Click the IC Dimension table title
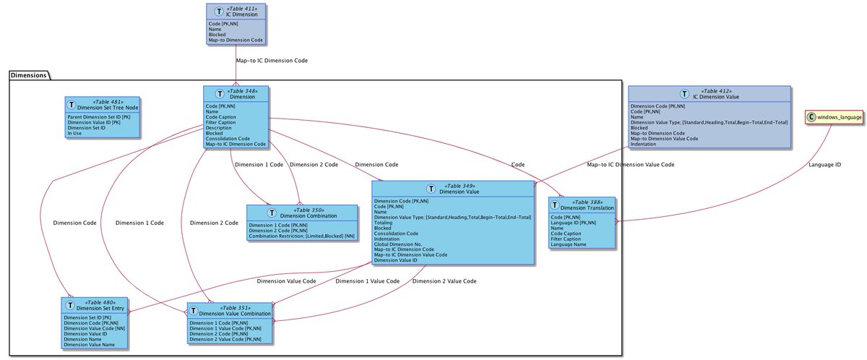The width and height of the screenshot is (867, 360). pyautogui.click(x=241, y=14)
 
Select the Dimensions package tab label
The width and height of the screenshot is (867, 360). pyautogui.click(x=30, y=74)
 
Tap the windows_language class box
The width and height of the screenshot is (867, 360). pyautogui.click(x=834, y=117)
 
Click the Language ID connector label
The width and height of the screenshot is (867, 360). pyautogui.click(x=826, y=166)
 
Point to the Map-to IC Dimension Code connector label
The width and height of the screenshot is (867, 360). pyautogui.click(x=272, y=61)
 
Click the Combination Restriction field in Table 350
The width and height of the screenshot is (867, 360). pyautogui.click(x=301, y=236)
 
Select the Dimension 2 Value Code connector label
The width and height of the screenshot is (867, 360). pyautogui.click(x=444, y=280)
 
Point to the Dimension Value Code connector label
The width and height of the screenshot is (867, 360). pyautogui.click(x=287, y=280)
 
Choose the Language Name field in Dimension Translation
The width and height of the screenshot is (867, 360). pyautogui.click(x=569, y=245)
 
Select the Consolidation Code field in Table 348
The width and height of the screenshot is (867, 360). pyautogui.click(x=228, y=138)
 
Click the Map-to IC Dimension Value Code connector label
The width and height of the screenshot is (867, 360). pyautogui.click(x=631, y=165)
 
